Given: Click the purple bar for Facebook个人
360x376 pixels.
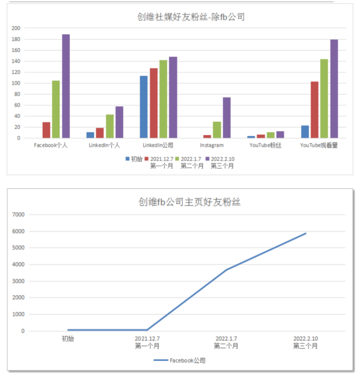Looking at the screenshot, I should pos(66,86).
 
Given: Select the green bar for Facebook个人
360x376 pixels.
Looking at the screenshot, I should pos(56,109).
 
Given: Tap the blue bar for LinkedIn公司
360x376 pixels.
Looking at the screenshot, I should pos(144,107).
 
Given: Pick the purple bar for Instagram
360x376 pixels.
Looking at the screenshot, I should pos(227,118).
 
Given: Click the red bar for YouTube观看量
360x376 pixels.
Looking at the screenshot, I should pos(314,110).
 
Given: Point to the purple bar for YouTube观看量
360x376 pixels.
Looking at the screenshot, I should pos(334,89).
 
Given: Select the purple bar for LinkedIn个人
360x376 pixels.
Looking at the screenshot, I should pos(119,122).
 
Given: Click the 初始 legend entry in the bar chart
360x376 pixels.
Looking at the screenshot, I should pos(133,158).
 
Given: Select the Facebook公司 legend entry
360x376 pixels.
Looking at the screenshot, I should pos(180,360).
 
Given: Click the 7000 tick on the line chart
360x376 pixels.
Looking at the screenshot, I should pos(18,214).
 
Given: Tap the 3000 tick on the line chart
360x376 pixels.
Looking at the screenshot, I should pos(18,281).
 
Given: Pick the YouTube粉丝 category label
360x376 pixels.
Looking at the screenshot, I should pos(265,145).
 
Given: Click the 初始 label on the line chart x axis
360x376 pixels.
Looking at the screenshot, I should pos(68,338).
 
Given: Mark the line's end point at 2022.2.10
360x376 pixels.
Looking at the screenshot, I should pos(306,233).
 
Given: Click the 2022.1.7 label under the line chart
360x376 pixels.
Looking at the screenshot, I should pos(226,338).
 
